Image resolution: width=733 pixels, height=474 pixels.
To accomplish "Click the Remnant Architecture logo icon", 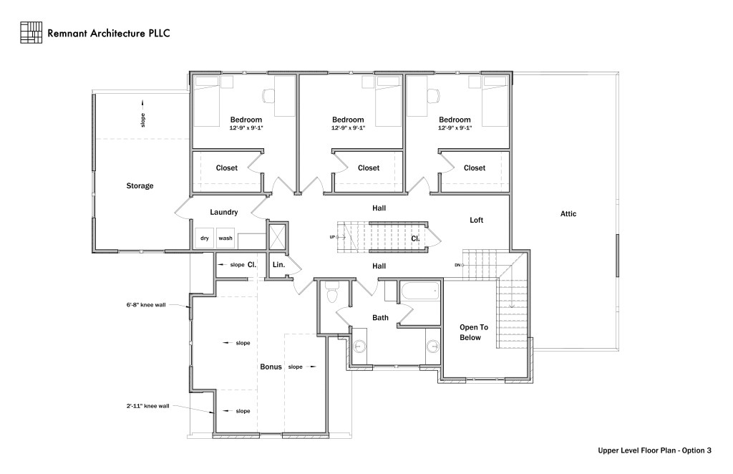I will [31, 32].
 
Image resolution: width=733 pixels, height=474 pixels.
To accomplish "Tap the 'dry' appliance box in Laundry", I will [204, 238].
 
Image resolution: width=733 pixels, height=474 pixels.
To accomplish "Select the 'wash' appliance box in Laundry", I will [225, 238].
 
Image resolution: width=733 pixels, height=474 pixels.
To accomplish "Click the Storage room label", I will [140, 186].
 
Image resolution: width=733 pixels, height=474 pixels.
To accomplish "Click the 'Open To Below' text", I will [470, 332].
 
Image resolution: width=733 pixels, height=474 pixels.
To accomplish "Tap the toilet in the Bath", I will [331, 294].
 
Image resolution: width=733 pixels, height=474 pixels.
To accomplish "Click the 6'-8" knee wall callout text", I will [146, 305].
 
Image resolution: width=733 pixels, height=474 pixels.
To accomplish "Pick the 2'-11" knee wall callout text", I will [147, 406].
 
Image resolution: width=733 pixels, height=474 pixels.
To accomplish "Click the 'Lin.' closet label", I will [279, 265].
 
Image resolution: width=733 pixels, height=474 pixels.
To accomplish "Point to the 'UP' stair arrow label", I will [332, 237].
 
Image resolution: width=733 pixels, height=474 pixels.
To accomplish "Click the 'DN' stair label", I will [457, 266].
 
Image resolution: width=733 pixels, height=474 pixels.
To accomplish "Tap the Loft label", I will [477, 220].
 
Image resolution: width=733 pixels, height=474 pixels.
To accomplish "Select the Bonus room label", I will [271, 367].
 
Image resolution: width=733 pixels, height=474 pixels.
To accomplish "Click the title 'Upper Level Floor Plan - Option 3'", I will [654, 451].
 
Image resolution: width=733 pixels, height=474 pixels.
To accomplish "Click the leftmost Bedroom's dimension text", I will [246, 128].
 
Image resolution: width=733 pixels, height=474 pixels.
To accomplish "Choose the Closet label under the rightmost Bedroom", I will [474, 168].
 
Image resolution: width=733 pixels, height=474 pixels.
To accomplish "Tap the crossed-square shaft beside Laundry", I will [277, 235].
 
